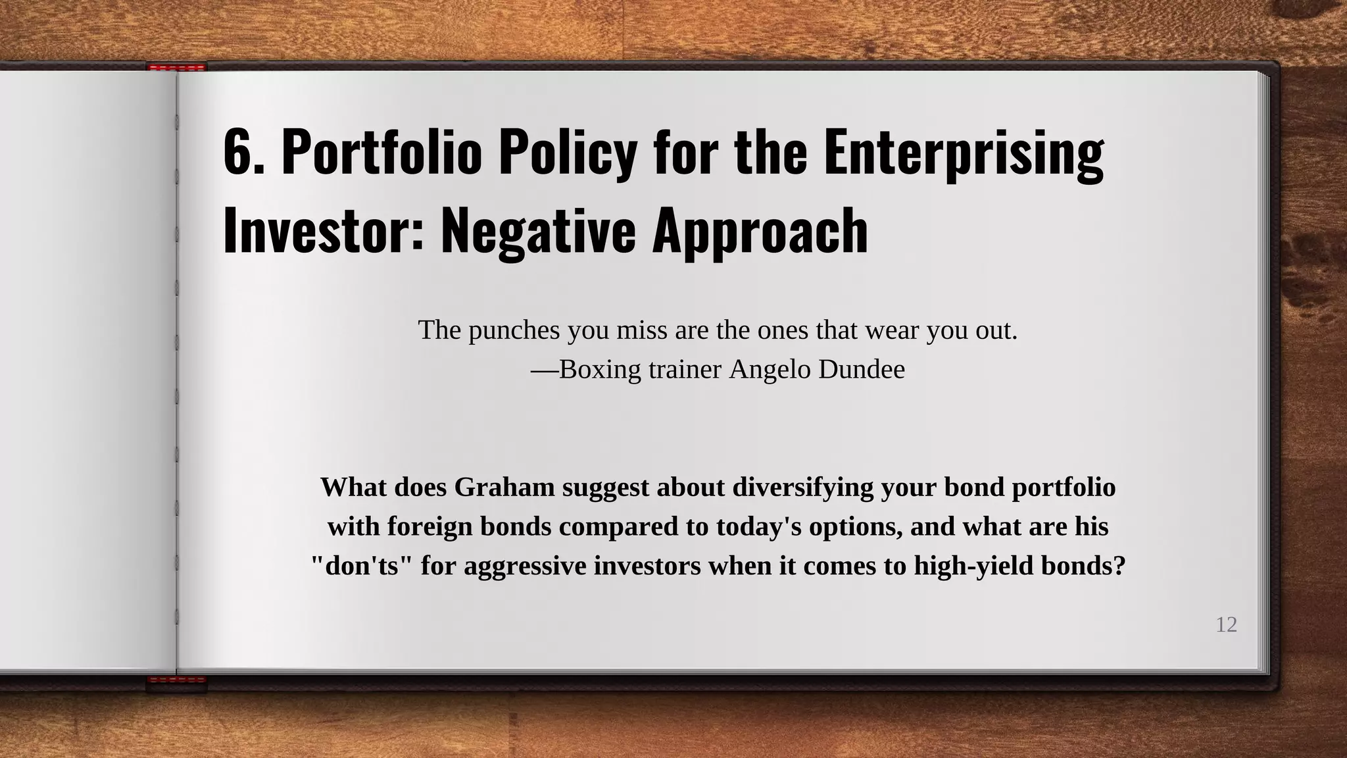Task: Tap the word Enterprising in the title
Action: (x=964, y=153)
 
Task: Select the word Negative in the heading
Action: (x=538, y=230)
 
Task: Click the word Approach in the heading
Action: (x=760, y=230)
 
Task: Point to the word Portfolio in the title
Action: (x=381, y=153)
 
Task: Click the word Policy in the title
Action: (x=568, y=153)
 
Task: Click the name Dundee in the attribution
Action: (x=862, y=370)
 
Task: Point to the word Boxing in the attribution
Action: (x=599, y=370)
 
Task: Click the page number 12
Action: (x=1226, y=624)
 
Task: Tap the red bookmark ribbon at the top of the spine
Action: (x=177, y=67)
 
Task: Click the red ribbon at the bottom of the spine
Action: (x=177, y=682)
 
